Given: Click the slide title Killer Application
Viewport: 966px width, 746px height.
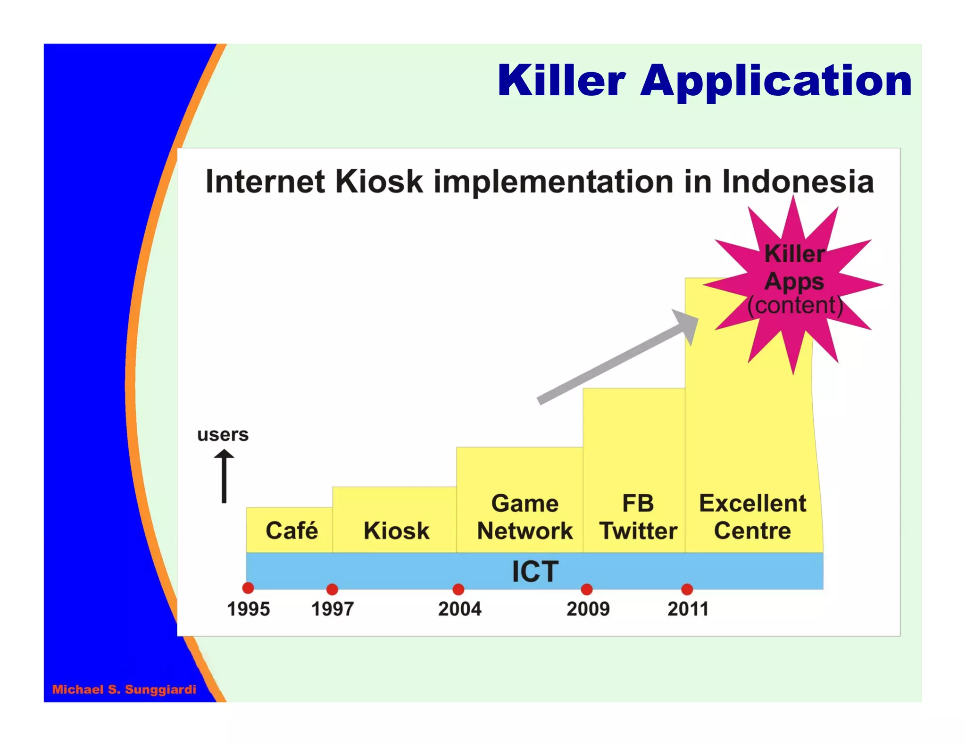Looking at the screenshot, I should (x=704, y=81).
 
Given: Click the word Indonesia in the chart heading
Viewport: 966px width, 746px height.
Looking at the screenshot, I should (x=798, y=182).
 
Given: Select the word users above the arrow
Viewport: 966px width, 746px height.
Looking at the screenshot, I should (x=223, y=434).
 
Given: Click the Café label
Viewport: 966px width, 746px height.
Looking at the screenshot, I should (x=291, y=530).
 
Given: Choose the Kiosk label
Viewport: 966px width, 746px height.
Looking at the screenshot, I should (x=396, y=530).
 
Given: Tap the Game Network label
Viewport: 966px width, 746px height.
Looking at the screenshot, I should (x=525, y=517).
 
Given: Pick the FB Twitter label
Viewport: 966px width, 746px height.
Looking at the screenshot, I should (x=638, y=517).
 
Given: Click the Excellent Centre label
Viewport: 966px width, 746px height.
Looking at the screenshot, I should (x=752, y=517).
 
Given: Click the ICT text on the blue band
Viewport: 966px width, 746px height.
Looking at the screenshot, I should (x=535, y=572).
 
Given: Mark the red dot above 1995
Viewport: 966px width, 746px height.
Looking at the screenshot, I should (x=248, y=588).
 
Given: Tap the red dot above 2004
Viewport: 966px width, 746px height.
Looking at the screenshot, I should (x=458, y=589).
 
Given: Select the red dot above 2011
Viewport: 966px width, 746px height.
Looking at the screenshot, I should (x=687, y=589).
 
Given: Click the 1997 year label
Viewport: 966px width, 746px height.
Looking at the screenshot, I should (x=332, y=609).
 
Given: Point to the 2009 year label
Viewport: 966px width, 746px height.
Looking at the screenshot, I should (x=588, y=609).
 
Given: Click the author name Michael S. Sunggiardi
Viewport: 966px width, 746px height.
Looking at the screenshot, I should (x=124, y=689).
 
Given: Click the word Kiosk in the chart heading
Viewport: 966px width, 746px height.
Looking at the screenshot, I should (x=379, y=182).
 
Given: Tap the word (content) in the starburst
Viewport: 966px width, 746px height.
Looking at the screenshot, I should (x=795, y=305).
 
